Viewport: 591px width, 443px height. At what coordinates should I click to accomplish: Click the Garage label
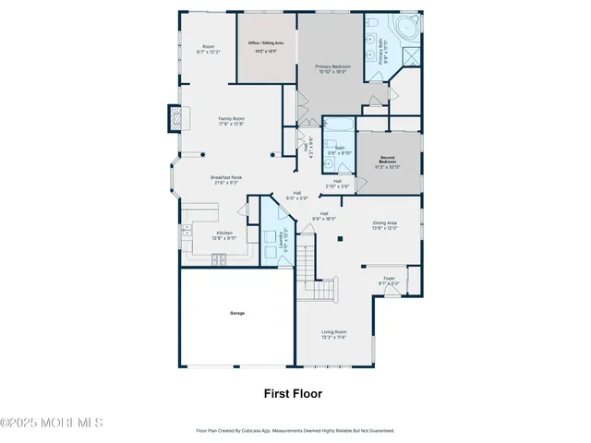pyautogui.click(x=237, y=314)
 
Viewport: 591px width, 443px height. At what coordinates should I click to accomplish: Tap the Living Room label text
pyautogui.click(x=333, y=332)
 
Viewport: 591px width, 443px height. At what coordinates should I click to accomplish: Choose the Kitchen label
pyautogui.click(x=224, y=233)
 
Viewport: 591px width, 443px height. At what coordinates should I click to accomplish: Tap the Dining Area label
pyautogui.click(x=384, y=222)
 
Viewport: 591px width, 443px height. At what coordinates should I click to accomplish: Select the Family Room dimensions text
pyautogui.click(x=231, y=124)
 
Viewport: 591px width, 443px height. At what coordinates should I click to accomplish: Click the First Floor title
pyautogui.click(x=293, y=393)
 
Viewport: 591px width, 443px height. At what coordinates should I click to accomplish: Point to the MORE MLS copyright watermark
pyautogui.click(x=52, y=423)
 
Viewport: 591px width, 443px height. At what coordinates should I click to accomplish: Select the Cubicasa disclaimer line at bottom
pyautogui.click(x=295, y=430)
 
